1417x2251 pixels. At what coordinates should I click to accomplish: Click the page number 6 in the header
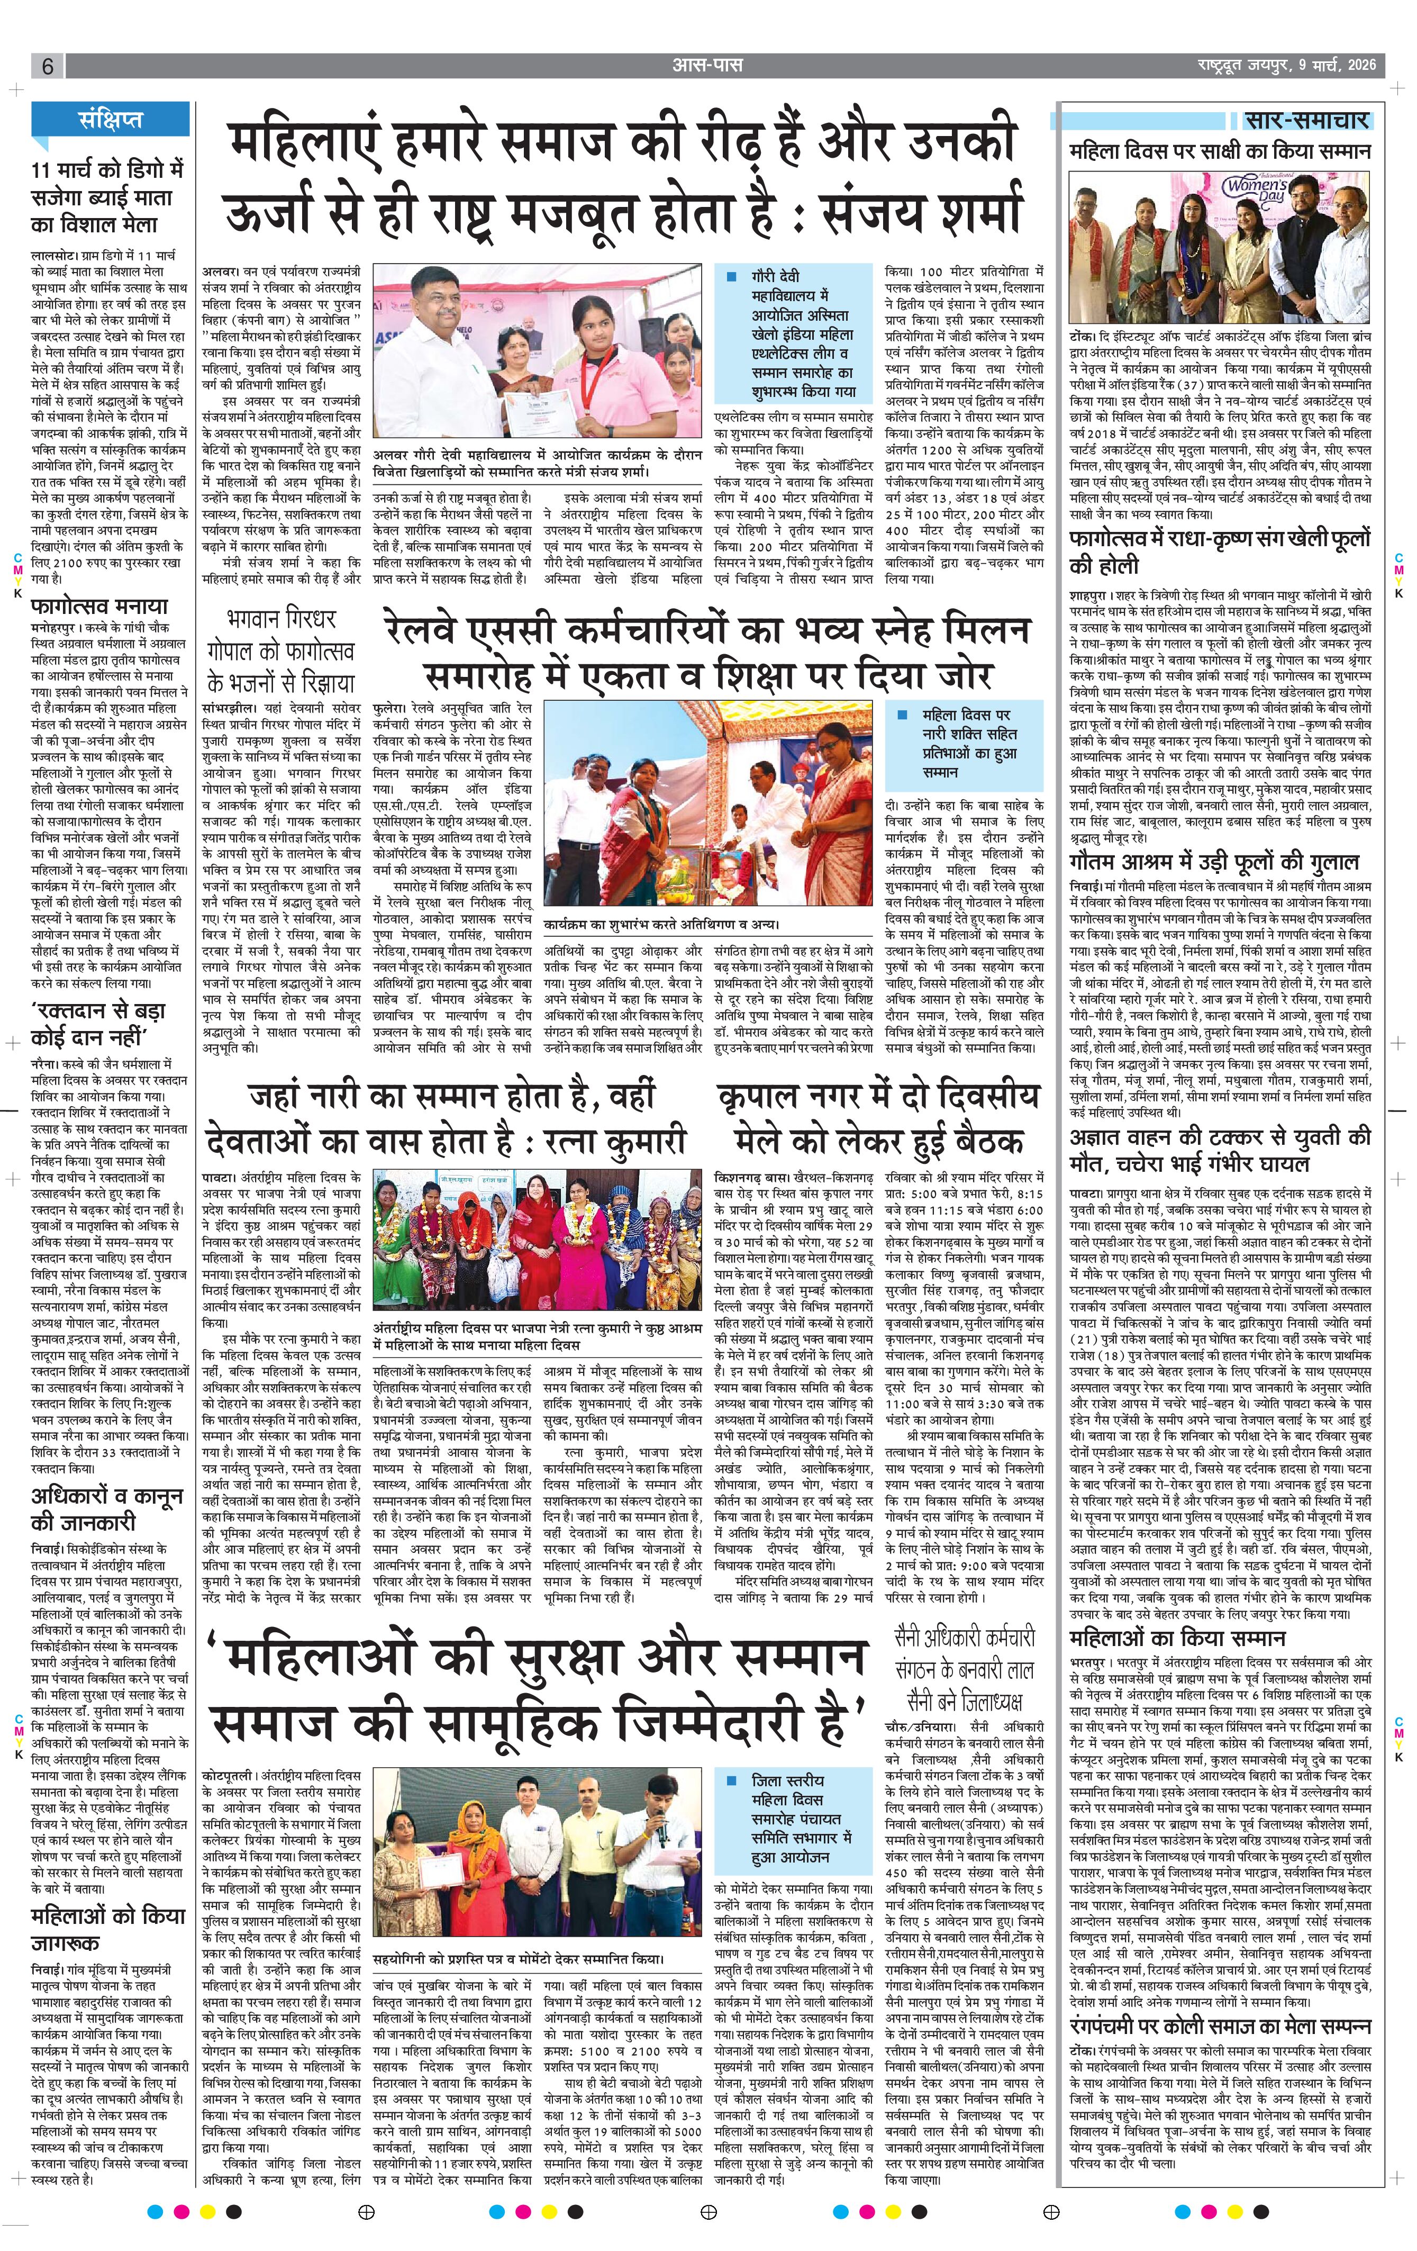(47, 66)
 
